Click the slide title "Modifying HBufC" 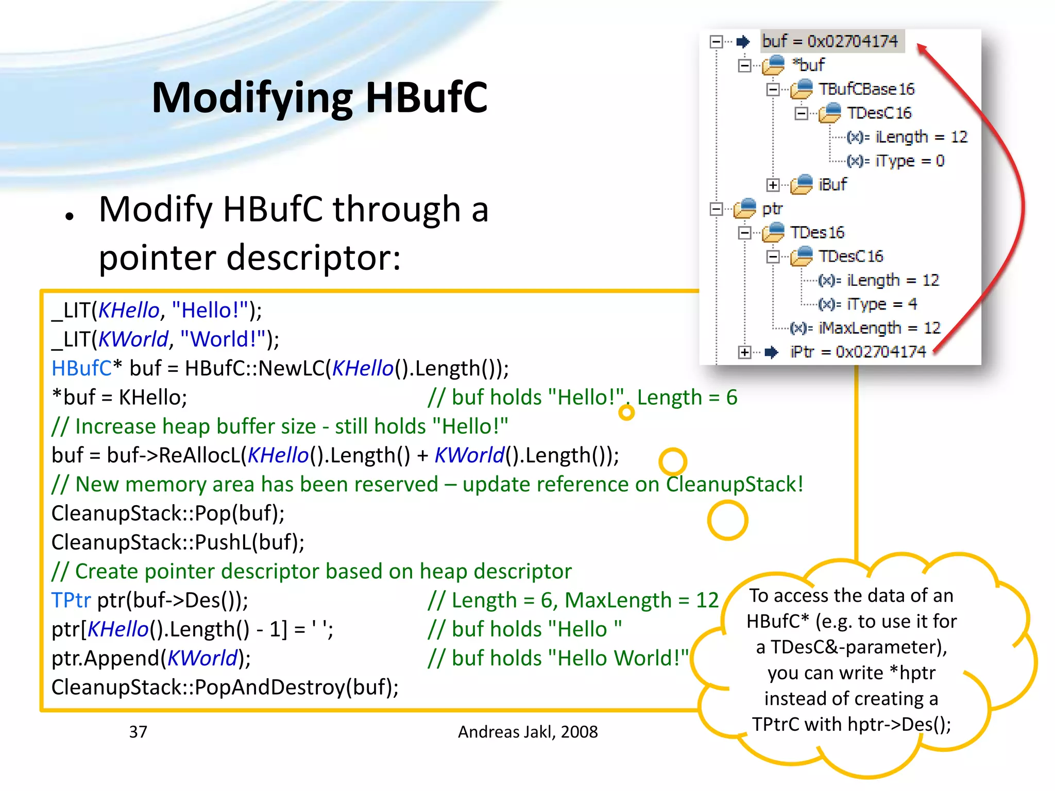point(319,98)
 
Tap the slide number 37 point(138,732)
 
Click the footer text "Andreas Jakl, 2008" point(527,732)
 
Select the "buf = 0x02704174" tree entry point(830,41)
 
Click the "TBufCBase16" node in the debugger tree point(866,89)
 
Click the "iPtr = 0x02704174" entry point(858,352)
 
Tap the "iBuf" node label point(832,184)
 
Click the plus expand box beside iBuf point(773,185)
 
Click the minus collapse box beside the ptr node point(716,209)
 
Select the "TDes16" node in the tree point(818,233)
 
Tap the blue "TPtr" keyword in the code point(71,600)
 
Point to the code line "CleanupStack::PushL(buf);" point(178,542)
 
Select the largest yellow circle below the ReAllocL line point(727,520)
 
